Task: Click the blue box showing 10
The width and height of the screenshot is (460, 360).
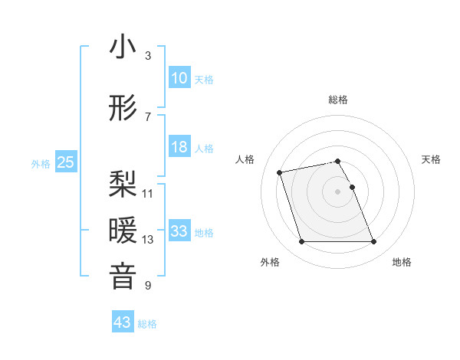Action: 179,78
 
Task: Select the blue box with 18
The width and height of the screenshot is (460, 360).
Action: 179,147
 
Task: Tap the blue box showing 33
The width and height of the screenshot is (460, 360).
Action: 179,231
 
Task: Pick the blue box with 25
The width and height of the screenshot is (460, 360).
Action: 65,162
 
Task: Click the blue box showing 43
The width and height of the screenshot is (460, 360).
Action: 123,322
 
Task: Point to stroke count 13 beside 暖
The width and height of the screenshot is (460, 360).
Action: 148,240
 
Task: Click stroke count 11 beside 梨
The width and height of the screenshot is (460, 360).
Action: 148,193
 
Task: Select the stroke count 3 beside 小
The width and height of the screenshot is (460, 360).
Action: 148,56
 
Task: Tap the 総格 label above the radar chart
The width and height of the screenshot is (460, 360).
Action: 338,100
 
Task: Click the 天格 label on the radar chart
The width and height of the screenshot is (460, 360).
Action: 432,159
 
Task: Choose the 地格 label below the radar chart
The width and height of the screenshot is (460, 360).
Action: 402,263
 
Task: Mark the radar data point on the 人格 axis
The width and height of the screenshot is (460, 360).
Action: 280,172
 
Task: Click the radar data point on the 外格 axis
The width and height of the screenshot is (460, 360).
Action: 301,242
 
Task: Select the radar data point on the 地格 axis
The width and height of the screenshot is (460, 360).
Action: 374,242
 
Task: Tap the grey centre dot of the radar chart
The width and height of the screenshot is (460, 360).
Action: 338,191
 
